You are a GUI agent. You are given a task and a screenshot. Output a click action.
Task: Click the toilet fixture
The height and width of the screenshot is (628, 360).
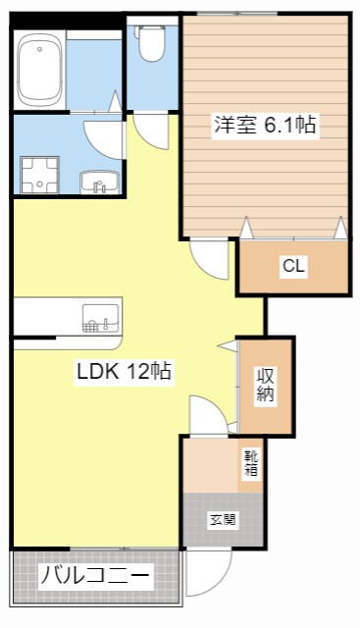tap(152, 42)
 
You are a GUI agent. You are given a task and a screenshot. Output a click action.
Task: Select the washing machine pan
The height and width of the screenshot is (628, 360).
tap(39, 175)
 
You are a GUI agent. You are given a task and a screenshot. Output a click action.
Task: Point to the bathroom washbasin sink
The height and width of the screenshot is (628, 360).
tap(99, 183)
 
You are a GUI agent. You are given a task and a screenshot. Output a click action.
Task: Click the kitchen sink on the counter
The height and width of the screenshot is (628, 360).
tap(100, 318)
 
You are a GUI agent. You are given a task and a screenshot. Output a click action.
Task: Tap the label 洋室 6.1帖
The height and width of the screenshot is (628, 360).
tap(265, 125)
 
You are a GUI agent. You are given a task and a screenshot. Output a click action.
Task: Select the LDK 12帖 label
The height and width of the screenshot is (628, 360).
tap(125, 371)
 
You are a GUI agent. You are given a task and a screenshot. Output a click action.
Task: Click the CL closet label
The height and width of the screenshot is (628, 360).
tap(293, 266)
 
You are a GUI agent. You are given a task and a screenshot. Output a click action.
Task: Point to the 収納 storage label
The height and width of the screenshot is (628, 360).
tap(265, 385)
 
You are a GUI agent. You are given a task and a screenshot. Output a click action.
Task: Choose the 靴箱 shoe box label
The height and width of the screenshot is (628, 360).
tap(251, 463)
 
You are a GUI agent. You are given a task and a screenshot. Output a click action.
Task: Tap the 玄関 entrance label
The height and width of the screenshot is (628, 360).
tap(223, 520)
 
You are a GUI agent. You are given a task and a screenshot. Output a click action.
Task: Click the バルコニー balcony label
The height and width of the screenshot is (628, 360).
tap(95, 576)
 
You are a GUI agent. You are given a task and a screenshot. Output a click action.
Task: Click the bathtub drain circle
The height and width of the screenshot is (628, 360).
tap(39, 49)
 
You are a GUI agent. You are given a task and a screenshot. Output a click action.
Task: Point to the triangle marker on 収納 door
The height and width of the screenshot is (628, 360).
tap(229, 346)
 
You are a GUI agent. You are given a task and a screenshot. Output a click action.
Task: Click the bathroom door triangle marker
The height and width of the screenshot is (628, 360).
tap(115, 101)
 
